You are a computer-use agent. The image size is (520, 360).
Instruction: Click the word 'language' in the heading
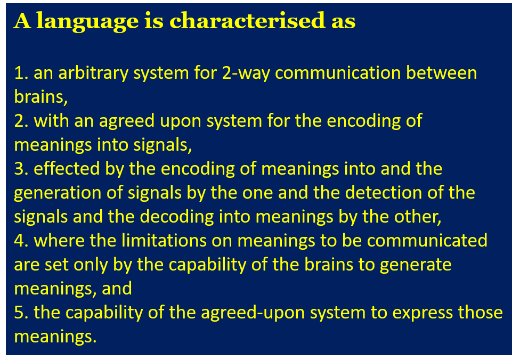tap(87, 21)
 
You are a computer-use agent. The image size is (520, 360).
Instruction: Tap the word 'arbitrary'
tap(93, 73)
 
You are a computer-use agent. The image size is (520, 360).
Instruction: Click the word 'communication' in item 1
tap(338, 73)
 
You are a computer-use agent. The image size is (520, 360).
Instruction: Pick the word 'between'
tap(442, 73)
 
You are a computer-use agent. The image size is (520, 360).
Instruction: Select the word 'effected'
tap(67, 168)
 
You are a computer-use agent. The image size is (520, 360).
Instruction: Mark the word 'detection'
tap(384, 193)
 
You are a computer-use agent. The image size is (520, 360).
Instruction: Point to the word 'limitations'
tap(164, 240)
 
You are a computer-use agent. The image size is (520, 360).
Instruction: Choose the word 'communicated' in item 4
tap(427, 240)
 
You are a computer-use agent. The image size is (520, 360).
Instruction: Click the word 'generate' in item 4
tap(416, 265)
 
